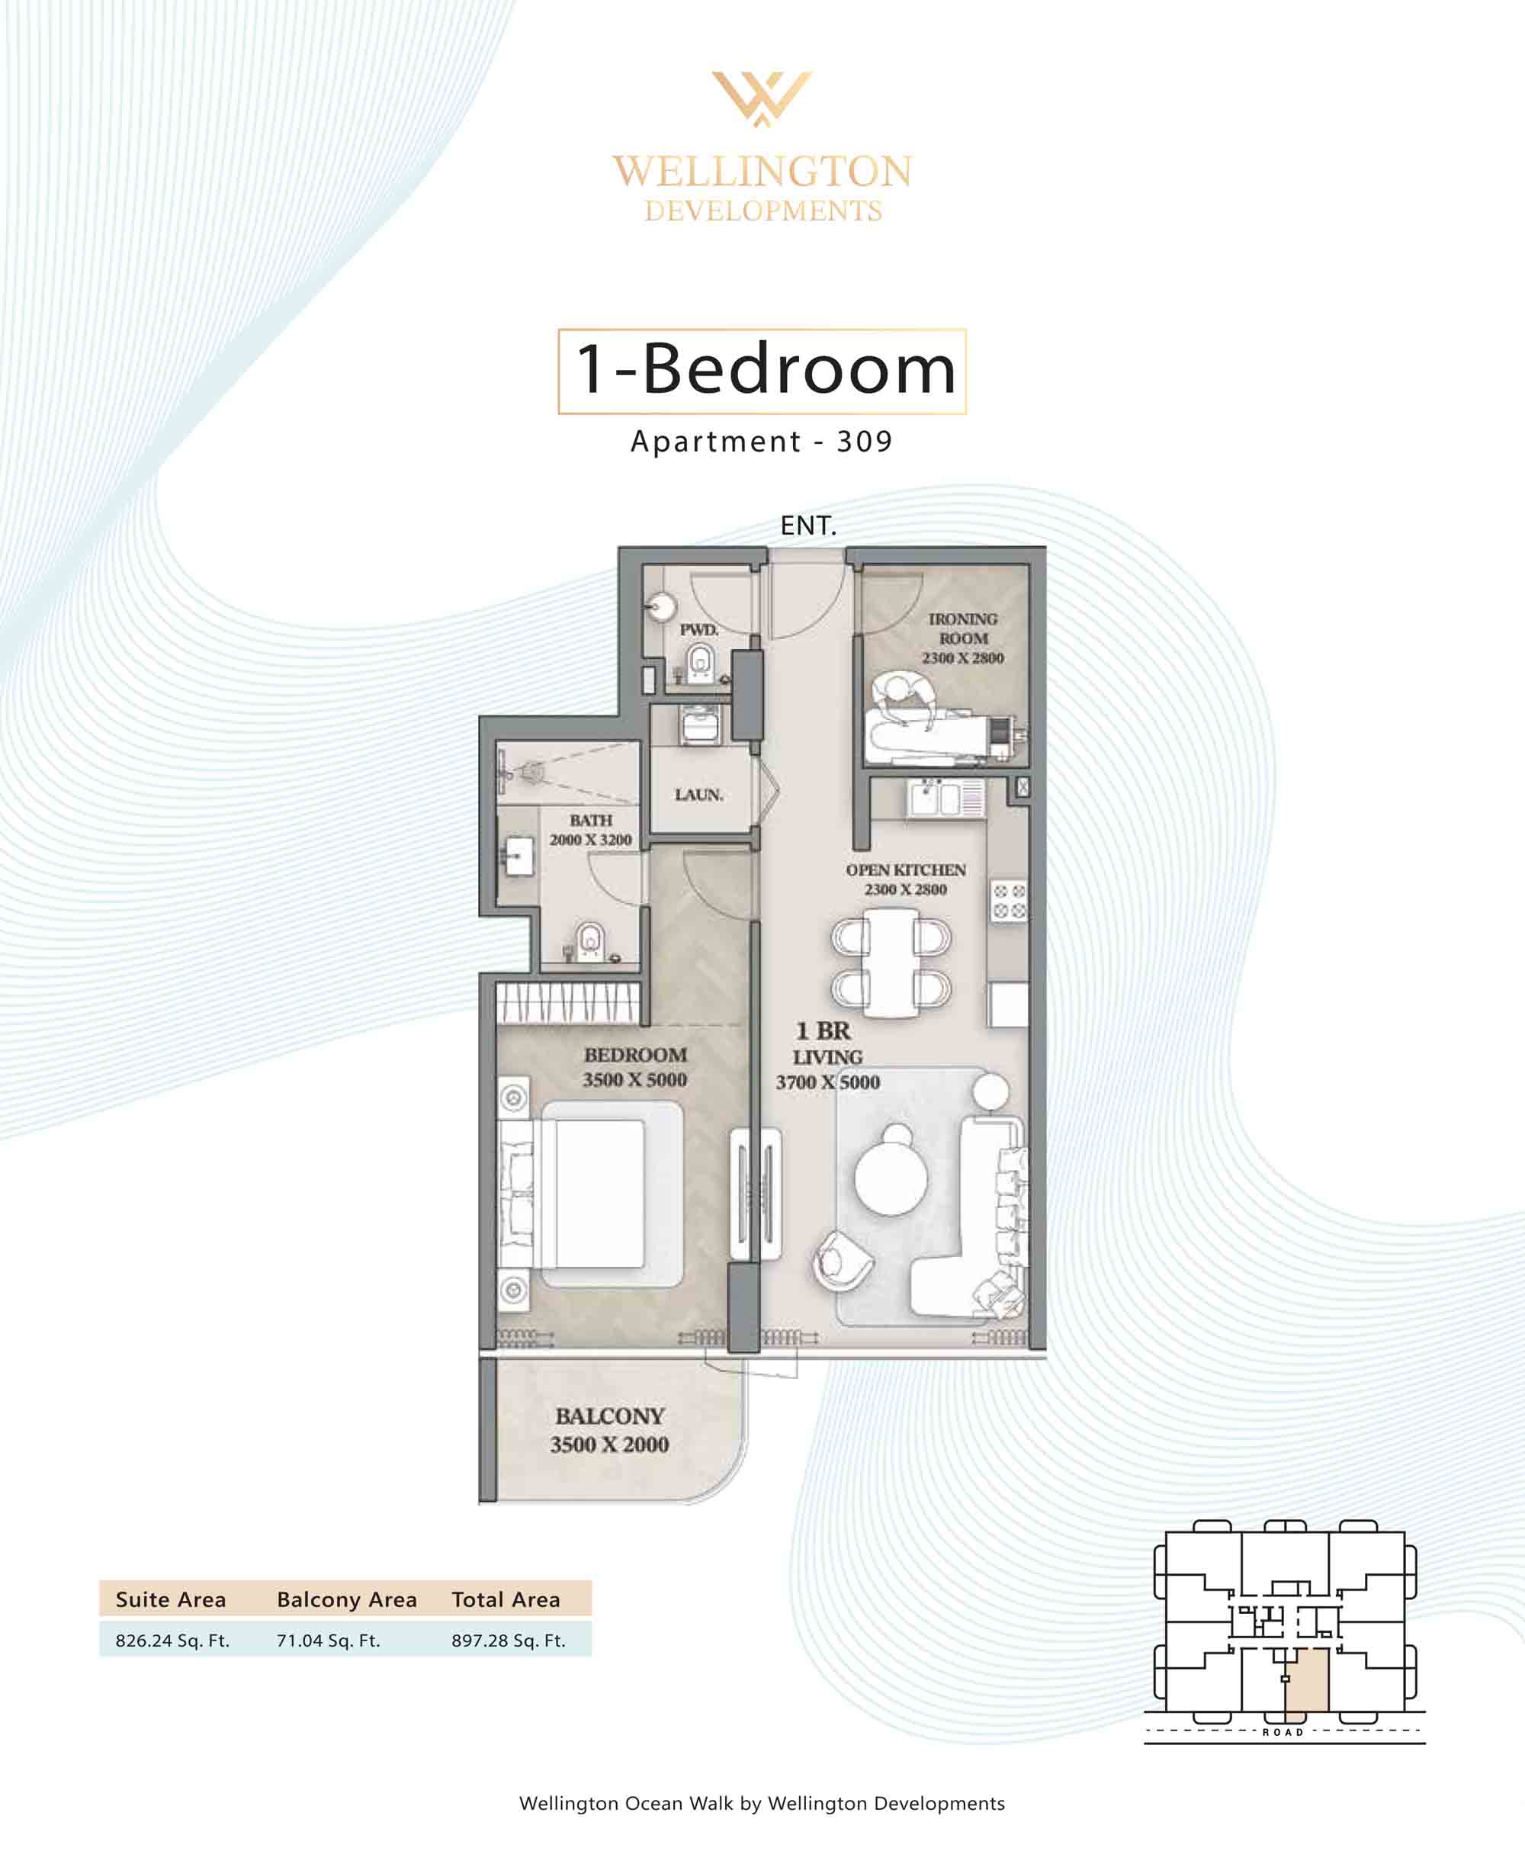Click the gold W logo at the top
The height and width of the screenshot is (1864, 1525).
pyautogui.click(x=762, y=98)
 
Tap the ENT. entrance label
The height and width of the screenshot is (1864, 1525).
pyautogui.click(x=808, y=525)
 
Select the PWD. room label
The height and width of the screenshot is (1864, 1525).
pyautogui.click(x=699, y=629)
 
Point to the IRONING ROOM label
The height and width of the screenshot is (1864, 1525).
pyautogui.click(x=963, y=628)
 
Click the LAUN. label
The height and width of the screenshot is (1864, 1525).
pyautogui.click(x=699, y=794)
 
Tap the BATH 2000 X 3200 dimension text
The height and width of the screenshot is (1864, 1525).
pyautogui.click(x=590, y=839)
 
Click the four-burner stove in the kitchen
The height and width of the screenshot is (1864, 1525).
pyautogui.click(x=1010, y=901)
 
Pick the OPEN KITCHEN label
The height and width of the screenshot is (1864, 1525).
pyautogui.click(x=906, y=869)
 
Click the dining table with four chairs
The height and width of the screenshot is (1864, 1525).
pyautogui.click(x=891, y=962)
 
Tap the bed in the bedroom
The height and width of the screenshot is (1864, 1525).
pyautogui.click(x=591, y=1194)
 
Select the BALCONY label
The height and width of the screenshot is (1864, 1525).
pyautogui.click(x=610, y=1416)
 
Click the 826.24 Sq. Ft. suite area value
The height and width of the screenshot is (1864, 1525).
pyautogui.click(x=172, y=1640)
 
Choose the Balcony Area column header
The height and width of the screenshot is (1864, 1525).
pyautogui.click(x=347, y=1599)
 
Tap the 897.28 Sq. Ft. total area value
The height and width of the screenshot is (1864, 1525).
pyautogui.click(x=509, y=1640)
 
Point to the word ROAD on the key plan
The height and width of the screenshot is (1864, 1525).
pyautogui.click(x=1283, y=1732)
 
